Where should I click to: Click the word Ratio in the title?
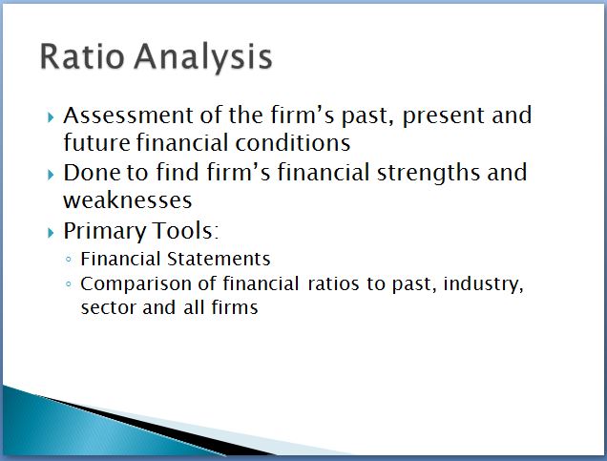click(82, 56)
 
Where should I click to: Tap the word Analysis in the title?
click(203, 58)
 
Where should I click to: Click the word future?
click(97, 142)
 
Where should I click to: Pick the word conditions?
click(293, 142)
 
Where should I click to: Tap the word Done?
click(93, 173)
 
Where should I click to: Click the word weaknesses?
click(127, 200)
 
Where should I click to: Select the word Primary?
click(105, 232)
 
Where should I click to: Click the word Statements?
click(219, 259)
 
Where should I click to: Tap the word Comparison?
click(136, 284)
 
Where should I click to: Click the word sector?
click(108, 308)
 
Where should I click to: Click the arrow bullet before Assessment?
click(51, 116)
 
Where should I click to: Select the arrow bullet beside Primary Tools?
click(51, 233)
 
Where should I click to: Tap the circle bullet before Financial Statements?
click(69, 260)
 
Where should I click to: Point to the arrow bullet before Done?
click(51, 175)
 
